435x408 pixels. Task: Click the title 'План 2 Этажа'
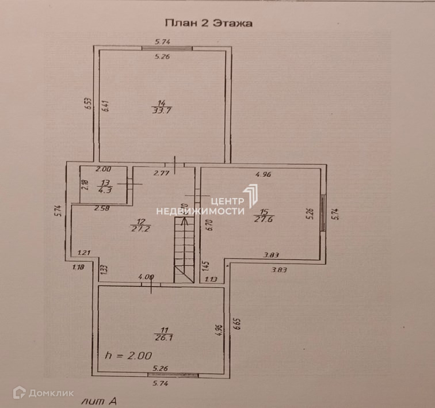pos(209,24)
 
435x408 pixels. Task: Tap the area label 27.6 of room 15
pos(262,218)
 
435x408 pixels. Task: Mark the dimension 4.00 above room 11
pos(146,277)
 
